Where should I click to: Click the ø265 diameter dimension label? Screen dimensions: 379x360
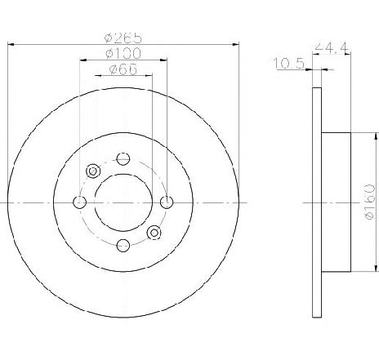[x=123, y=38]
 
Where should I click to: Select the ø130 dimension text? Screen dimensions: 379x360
[x=123, y=53]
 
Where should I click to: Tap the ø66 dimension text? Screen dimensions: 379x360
[x=123, y=69]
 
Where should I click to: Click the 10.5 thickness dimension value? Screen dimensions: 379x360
[x=288, y=64]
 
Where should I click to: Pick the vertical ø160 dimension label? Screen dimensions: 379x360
[x=370, y=202]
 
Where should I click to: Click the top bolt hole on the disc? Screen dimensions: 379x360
[x=123, y=159]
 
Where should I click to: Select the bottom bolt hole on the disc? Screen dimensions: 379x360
[x=123, y=246]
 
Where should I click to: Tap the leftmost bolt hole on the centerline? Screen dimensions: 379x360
[x=80, y=202]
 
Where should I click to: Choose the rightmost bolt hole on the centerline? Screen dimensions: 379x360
[x=167, y=202]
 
